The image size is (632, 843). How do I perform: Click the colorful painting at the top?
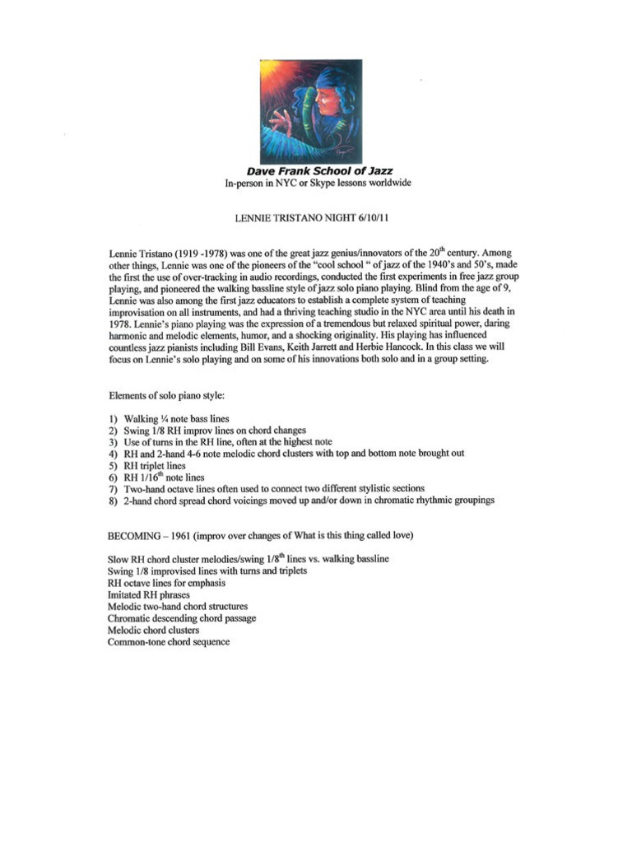311,111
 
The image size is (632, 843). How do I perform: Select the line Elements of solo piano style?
166,395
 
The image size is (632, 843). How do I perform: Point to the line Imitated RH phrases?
148,594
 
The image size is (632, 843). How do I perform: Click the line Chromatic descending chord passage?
181,617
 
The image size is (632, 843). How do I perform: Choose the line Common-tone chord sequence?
169,641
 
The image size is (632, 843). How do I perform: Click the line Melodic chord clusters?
153,629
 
